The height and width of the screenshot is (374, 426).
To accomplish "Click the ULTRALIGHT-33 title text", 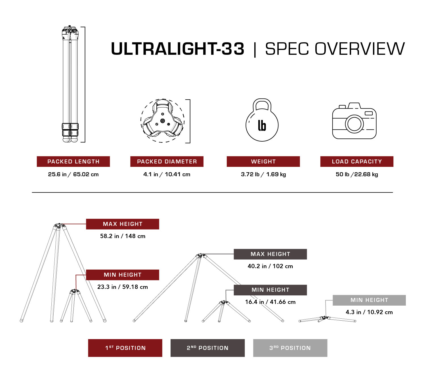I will pos(177,49).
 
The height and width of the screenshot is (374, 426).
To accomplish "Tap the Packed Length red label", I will pos(73,161).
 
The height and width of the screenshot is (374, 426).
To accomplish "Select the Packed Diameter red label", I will pos(167,161).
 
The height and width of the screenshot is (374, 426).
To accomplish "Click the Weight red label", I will pos(263,161).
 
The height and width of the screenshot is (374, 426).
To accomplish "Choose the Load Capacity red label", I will pos(357,161).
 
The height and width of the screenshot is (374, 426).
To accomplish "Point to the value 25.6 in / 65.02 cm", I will pos(73,174).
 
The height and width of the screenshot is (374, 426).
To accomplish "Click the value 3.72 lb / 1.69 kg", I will pos(263,174).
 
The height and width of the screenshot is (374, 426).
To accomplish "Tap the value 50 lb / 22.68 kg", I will pos(357,174).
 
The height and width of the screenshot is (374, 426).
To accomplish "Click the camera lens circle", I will pos(354,124).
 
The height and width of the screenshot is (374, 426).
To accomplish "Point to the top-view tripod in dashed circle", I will pos(162,121).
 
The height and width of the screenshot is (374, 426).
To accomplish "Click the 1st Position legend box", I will pos(125,348).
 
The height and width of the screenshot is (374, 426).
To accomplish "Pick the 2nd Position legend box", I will pos(207,348).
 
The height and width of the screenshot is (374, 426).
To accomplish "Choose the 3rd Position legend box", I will pos(290,348).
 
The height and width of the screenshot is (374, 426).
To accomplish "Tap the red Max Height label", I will pos(123,224).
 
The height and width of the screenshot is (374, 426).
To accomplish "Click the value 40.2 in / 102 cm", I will pos(270,266).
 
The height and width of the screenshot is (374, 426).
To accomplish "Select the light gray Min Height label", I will pos(369,300).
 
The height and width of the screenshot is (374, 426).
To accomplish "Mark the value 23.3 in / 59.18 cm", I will pos(123,287).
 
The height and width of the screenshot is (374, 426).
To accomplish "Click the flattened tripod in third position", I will pos(327,319).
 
